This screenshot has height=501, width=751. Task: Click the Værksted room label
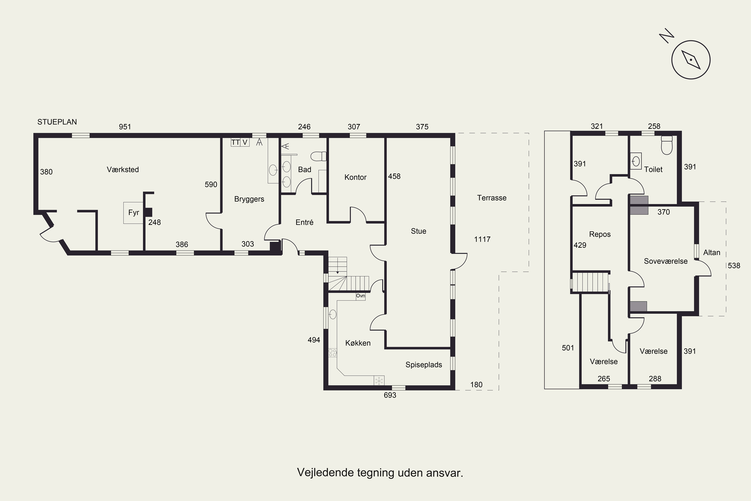click(123, 169)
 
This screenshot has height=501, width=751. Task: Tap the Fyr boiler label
click(134, 212)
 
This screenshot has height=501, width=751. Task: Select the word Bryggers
click(249, 199)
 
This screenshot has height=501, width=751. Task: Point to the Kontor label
click(355, 177)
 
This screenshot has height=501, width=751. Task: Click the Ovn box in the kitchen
click(360, 296)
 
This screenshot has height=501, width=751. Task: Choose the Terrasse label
click(492, 198)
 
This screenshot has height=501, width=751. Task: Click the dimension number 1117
click(482, 239)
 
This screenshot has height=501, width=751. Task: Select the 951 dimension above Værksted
click(125, 127)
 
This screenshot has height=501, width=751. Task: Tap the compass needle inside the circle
click(691, 60)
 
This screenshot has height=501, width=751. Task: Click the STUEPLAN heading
click(57, 122)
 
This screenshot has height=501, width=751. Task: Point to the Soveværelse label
click(666, 261)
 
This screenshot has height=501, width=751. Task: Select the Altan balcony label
click(712, 253)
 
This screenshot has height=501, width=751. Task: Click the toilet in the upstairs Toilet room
click(667, 145)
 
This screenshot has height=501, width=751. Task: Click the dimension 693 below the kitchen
click(390, 395)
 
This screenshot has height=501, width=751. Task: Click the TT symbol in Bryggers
click(236, 142)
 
